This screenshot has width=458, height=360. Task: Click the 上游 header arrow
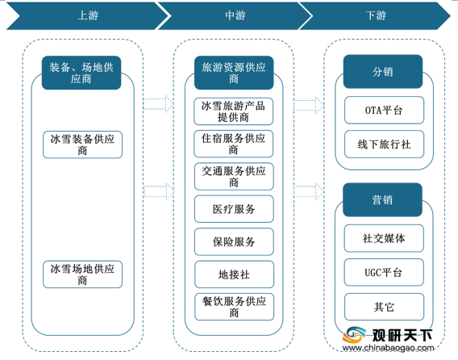[x=88, y=15]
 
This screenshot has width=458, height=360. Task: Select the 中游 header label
[x=235, y=15]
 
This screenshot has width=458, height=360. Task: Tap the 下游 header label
[x=376, y=15]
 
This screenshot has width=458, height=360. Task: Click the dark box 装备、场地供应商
[x=81, y=73]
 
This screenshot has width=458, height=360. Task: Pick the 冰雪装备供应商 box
[x=83, y=144]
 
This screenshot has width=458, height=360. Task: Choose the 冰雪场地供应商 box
[x=83, y=274]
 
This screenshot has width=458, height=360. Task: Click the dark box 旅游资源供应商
[x=234, y=73]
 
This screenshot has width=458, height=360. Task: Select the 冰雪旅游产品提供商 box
[x=233, y=111]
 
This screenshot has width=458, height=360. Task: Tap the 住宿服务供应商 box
[x=233, y=144]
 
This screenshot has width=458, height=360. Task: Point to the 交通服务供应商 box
[x=234, y=177]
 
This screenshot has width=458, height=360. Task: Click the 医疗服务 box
[x=234, y=209]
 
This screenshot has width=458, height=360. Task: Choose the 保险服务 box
[x=234, y=242]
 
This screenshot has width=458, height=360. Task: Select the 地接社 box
[x=235, y=274]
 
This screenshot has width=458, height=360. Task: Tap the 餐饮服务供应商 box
[x=235, y=307]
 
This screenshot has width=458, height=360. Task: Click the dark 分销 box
[x=383, y=72]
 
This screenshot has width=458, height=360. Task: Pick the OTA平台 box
[x=384, y=111]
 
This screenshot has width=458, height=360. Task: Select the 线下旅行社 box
[x=384, y=144]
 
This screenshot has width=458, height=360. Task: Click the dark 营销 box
[x=383, y=200]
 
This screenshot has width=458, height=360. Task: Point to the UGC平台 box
[x=384, y=273]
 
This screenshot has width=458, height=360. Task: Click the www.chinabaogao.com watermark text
[x=388, y=348]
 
